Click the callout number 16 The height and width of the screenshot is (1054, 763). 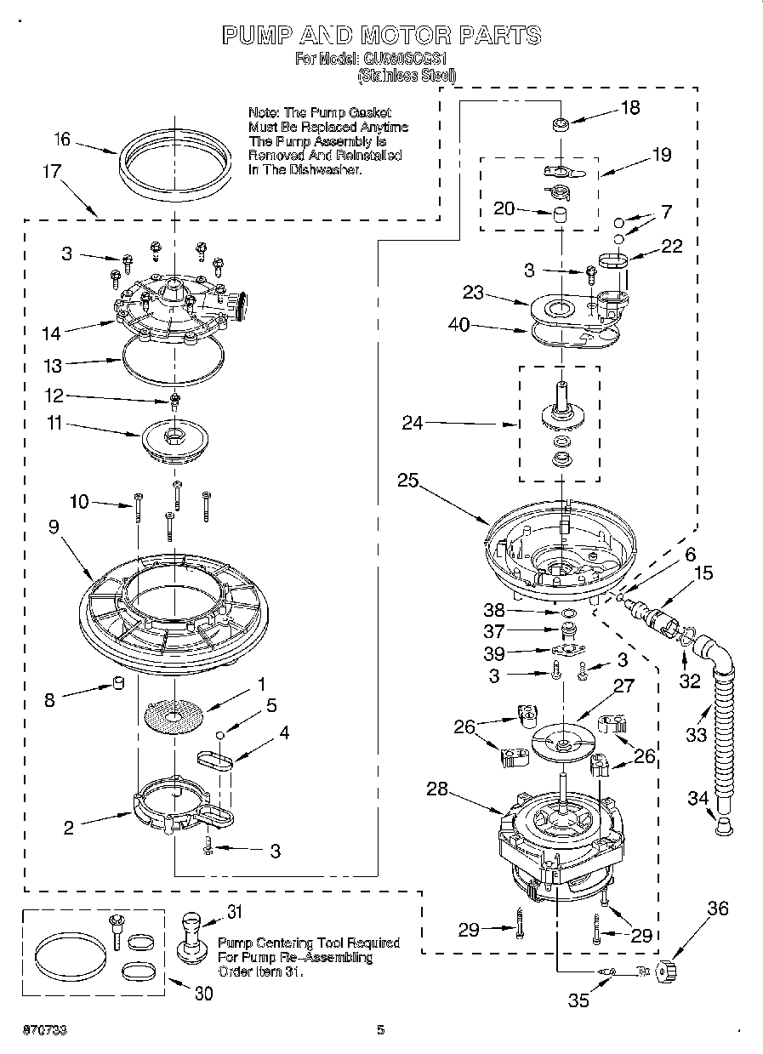[62, 140]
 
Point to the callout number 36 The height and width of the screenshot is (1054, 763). [718, 909]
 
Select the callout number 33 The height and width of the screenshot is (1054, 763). [697, 733]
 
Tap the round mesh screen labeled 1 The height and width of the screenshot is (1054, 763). [175, 717]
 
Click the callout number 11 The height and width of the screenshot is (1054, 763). [55, 423]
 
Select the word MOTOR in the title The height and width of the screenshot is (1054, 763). [406, 35]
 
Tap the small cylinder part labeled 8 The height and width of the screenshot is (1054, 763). [120, 684]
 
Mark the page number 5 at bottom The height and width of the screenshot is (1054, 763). [381, 1030]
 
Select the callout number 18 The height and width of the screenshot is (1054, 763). [630, 108]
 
